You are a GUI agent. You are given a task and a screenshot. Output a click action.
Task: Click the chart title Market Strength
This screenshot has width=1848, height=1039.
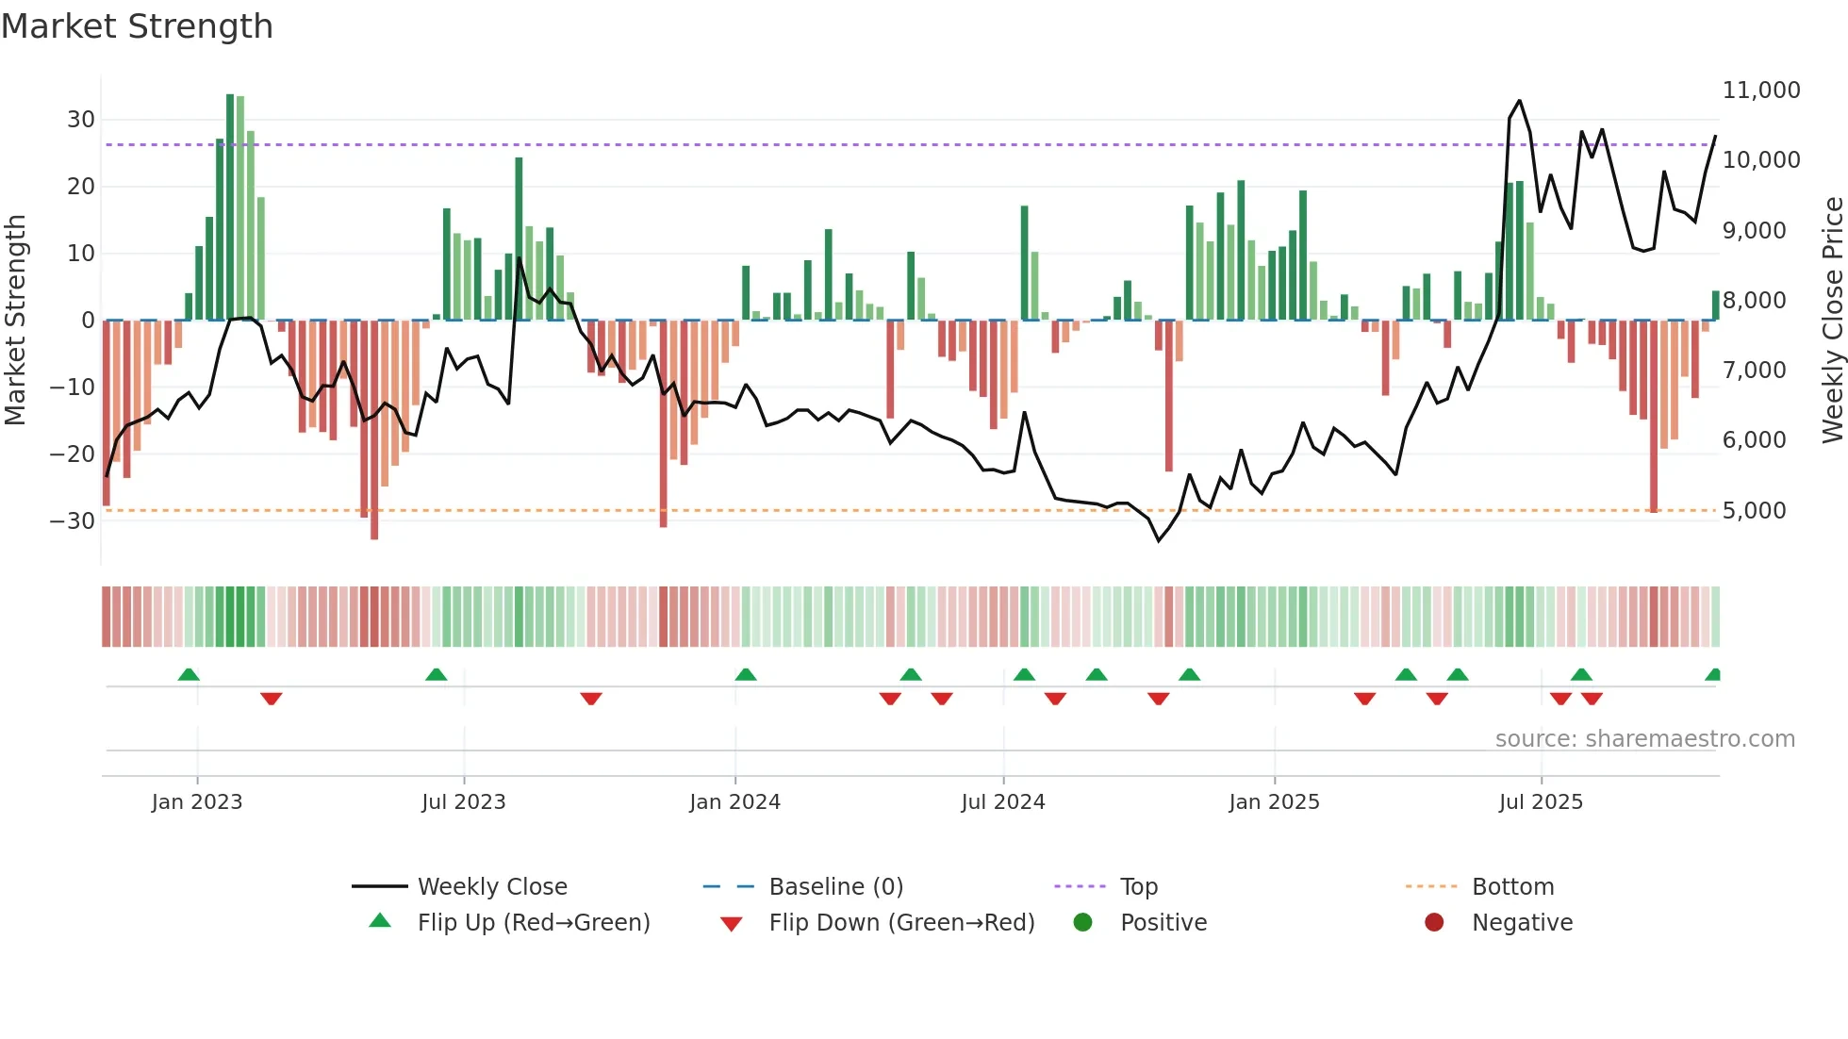pos(137,26)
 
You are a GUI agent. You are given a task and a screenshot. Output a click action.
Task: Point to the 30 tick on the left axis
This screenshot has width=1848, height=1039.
pos(81,120)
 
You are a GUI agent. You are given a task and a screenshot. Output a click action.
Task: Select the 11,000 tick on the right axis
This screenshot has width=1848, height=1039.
pos(1760,91)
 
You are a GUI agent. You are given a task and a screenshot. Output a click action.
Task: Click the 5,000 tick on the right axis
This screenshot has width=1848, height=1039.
pos(1754,511)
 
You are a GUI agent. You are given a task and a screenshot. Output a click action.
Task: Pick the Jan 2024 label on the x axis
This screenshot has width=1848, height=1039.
pos(734,802)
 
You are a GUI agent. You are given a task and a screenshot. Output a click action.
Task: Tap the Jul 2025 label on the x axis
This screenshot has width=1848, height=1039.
pos(1541,802)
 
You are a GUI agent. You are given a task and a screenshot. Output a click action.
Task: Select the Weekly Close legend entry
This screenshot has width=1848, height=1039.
pos(491,887)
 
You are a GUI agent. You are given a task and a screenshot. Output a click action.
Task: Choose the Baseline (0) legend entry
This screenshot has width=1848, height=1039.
pos(835,887)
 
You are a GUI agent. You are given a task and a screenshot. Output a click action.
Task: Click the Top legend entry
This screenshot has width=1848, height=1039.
pos(1138,887)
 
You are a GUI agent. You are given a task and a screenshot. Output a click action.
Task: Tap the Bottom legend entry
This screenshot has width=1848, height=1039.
pos(1512,887)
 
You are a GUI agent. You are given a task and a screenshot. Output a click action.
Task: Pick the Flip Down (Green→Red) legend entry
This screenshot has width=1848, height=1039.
pos(900,923)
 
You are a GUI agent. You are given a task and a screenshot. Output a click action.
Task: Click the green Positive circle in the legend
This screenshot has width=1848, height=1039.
pos(1082,923)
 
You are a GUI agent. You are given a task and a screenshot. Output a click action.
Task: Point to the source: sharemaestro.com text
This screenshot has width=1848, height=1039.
pos(1644,739)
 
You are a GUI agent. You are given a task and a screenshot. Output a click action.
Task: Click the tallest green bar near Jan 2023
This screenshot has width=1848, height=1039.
pos(230,207)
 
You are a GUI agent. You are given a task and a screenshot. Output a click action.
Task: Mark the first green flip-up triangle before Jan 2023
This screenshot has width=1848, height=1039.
pos(189,675)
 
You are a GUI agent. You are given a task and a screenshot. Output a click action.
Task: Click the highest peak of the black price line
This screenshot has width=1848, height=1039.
pos(1519,101)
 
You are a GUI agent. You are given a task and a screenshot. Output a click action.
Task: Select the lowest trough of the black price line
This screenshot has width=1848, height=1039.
pos(1159,540)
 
